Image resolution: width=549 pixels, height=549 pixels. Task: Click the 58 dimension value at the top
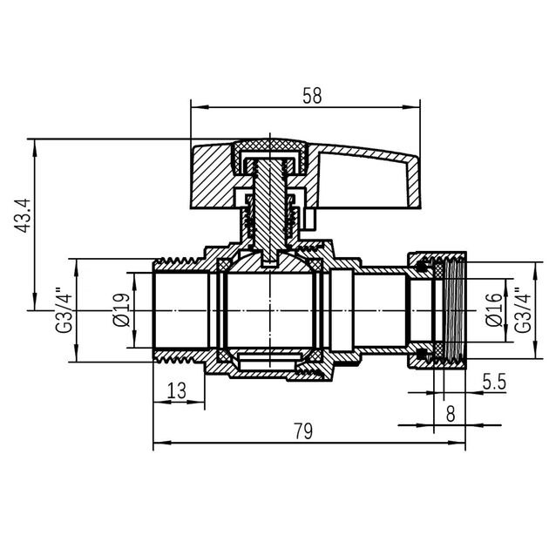(311, 96)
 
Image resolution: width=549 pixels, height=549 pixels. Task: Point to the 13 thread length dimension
(176, 391)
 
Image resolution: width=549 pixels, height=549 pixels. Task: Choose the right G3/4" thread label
(522, 310)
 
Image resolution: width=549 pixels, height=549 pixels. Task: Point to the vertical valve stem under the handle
(273, 209)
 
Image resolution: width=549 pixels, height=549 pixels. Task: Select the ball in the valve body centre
(272, 309)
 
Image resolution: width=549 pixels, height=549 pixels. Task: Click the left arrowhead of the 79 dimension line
(158, 445)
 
